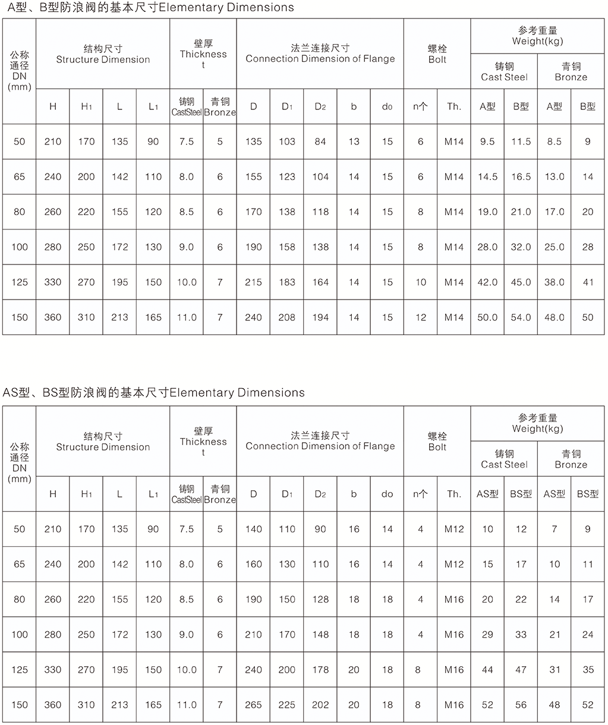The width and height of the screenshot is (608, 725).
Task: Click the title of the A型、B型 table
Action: pos(147,8)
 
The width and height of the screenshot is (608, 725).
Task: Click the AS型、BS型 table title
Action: pos(153,393)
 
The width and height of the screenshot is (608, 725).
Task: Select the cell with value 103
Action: pos(287,142)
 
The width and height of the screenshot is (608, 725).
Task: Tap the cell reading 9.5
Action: pos(487,142)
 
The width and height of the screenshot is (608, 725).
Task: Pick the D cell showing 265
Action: pos(253,705)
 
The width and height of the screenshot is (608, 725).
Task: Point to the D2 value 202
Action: pos(320,705)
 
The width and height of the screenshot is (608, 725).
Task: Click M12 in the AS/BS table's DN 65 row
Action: pos(454,564)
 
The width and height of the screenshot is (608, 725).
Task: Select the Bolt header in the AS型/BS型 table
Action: pos(437,442)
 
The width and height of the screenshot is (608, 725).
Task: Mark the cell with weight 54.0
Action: pos(521,317)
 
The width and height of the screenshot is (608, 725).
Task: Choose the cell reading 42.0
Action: pos(487,282)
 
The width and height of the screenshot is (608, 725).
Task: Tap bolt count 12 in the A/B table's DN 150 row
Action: pos(421,317)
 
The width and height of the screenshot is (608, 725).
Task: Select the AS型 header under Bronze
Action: pos(554,494)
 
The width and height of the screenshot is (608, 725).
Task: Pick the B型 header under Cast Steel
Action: pos(521,107)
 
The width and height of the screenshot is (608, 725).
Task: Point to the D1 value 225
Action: pos(287,705)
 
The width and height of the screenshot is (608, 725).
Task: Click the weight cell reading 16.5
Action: pos(521,177)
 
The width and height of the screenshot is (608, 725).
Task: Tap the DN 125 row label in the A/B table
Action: pos(20,282)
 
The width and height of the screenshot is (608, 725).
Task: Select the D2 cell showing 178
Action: pos(320,670)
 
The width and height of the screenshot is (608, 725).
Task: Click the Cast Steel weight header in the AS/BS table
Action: pos(504,459)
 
